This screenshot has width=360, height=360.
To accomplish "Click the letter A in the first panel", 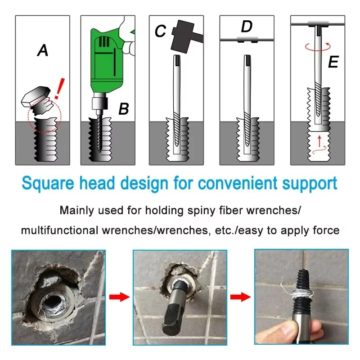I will [43, 51].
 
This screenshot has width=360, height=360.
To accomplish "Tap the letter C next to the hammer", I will [160, 32].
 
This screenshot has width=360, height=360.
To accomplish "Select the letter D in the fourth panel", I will [247, 27].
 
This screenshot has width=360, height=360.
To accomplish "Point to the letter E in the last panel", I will [333, 62].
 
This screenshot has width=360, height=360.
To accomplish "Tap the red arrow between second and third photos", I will [239, 297].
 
